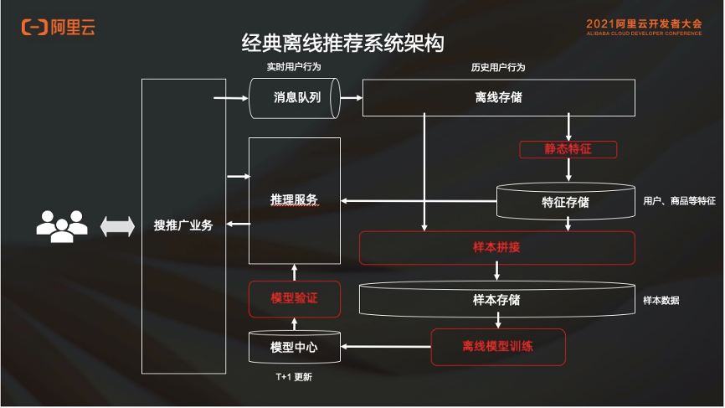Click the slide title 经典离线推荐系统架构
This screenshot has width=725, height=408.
pos(342,43)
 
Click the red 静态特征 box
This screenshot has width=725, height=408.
pos(568,149)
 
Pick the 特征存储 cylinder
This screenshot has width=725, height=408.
pos(565,202)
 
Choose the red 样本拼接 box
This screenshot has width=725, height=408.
pos(497,248)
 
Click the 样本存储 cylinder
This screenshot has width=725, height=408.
pos(497,299)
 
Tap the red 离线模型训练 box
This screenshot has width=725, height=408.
pos(497,346)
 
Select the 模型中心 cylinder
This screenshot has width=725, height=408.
pos(294,347)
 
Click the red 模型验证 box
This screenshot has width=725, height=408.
pos(294,298)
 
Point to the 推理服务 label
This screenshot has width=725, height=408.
pos(294,199)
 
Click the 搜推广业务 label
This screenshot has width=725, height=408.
pos(183,225)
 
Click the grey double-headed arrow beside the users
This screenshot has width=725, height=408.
pos(117,226)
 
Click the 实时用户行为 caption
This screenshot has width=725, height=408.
pos(294,67)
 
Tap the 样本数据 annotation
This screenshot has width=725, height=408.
pos(661,299)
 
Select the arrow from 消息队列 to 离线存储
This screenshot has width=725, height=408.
pos(351,98)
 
